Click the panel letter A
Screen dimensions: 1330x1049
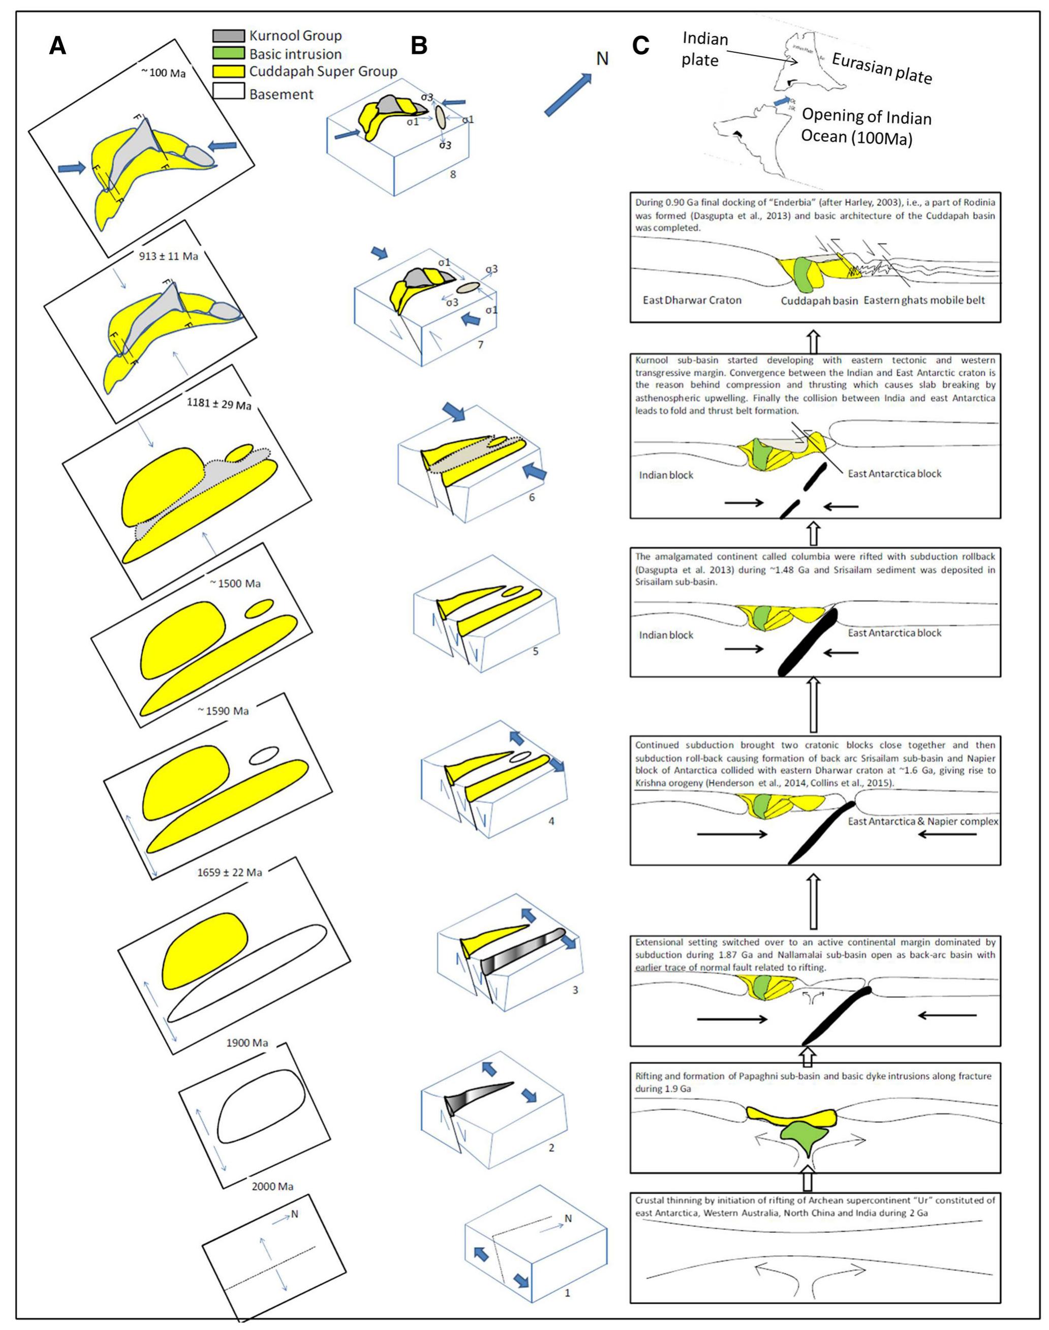[x=58, y=46]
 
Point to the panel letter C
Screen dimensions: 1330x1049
[x=640, y=46]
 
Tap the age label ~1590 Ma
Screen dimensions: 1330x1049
[x=223, y=711]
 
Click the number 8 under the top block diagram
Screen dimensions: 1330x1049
[x=453, y=174]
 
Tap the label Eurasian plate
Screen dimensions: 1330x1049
[x=881, y=68]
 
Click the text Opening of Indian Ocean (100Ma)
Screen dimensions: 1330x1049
[x=866, y=127]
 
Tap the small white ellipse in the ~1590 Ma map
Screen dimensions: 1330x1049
[x=265, y=754]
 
